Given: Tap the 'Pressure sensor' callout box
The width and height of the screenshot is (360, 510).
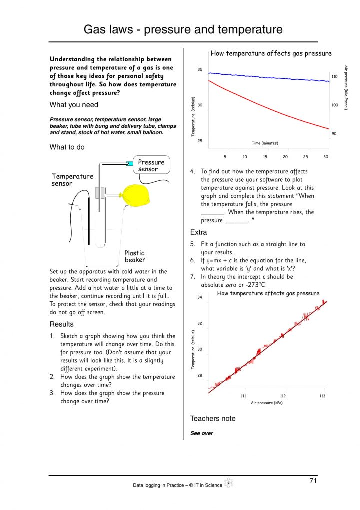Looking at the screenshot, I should (x=151, y=166).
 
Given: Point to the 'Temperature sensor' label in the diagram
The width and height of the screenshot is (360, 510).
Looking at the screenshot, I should (x=72, y=180).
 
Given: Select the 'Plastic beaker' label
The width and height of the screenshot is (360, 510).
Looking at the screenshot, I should (x=135, y=256).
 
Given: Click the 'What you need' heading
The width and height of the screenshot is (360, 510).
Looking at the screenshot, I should (x=74, y=105).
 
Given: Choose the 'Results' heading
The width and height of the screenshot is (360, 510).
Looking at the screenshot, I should (x=61, y=324).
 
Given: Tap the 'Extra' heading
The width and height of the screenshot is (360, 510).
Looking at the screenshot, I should (x=198, y=232).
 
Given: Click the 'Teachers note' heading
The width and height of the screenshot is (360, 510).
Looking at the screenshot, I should (x=213, y=418).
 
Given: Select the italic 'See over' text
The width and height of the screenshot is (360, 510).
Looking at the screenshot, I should (x=202, y=433).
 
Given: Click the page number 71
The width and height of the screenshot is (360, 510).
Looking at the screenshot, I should (x=313, y=481).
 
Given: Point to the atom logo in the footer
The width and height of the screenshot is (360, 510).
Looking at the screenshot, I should (x=229, y=483).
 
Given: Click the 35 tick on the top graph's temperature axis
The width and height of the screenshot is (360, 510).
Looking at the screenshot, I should (x=200, y=70).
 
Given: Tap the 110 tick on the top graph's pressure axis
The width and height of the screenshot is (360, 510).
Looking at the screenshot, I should (x=335, y=76).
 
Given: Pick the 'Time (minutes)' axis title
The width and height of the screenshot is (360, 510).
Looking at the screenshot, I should (x=265, y=143).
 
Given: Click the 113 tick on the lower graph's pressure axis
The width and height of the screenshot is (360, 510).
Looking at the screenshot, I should (x=322, y=396).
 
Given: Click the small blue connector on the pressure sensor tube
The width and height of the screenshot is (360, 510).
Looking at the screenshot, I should (x=130, y=163).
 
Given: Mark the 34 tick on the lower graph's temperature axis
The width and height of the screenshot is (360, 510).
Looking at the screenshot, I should (x=200, y=297).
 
